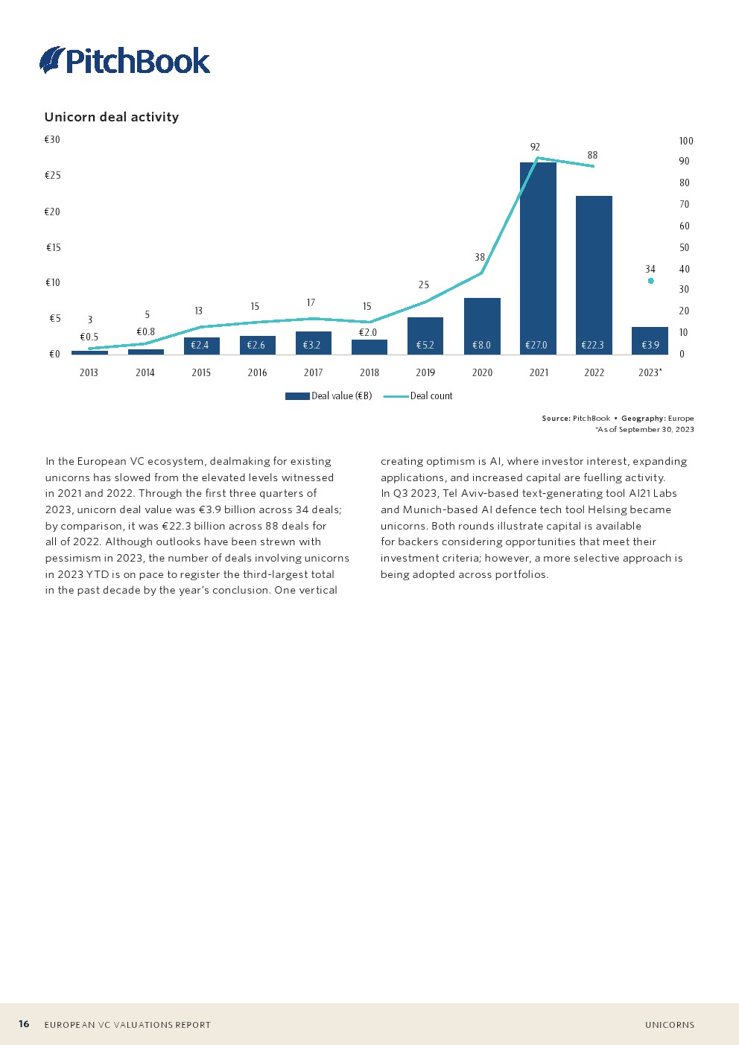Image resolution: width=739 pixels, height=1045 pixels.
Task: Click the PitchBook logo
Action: click(x=125, y=60)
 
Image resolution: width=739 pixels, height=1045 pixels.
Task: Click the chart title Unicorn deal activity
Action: click(x=112, y=117)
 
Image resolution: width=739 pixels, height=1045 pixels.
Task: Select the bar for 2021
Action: click(x=538, y=253)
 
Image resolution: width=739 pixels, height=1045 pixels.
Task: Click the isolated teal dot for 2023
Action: click(x=650, y=281)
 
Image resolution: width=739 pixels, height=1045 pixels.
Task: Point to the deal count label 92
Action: click(x=535, y=147)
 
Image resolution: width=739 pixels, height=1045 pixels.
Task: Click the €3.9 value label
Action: click(x=650, y=345)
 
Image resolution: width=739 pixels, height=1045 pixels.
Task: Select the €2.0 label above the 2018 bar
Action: click(x=368, y=332)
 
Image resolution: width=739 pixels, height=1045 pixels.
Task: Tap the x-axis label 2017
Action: click(x=313, y=372)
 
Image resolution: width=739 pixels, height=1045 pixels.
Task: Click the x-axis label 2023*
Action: click(x=650, y=372)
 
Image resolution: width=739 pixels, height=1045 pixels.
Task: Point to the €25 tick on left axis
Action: click(x=52, y=175)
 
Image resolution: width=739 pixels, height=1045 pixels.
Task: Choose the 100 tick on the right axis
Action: click(x=685, y=141)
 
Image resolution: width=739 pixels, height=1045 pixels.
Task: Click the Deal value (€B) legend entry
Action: click(x=329, y=396)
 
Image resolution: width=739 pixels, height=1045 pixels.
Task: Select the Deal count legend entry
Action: click(x=419, y=396)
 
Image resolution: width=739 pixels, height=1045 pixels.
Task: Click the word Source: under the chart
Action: click(x=556, y=419)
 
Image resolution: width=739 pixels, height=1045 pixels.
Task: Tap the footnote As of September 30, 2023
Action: click(x=645, y=429)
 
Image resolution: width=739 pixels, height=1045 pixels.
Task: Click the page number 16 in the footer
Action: click(x=24, y=1024)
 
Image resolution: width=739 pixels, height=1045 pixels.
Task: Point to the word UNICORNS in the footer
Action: click(x=670, y=1025)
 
